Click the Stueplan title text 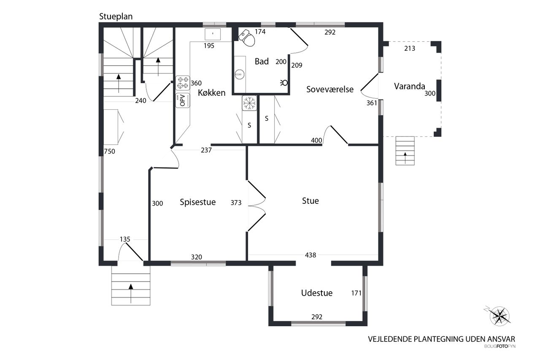tap(116, 16)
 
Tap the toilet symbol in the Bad tap(247, 38)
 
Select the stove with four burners tap(183, 83)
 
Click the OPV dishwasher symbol tap(183, 100)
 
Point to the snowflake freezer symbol tap(249, 103)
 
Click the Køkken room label tap(211, 93)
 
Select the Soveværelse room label tap(330, 89)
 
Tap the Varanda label tap(409, 87)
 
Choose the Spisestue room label tap(198, 202)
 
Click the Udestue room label tap(317, 293)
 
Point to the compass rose tap(499, 316)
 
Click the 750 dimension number tap(109, 152)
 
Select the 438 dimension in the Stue tap(310, 255)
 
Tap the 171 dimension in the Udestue tap(356, 293)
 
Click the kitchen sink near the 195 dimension tap(213, 34)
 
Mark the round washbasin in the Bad tap(240, 74)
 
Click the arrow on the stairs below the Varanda tap(405, 158)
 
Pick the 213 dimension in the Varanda tap(410, 49)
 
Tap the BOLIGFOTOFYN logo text tap(500, 346)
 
